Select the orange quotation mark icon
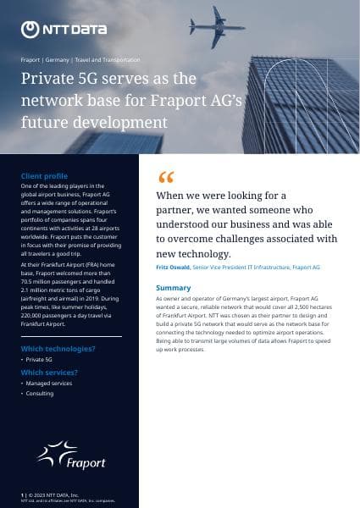pyautogui.click(x=165, y=178)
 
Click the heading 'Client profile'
pyautogui.click(x=43, y=176)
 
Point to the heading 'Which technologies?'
pyautogui.click(x=58, y=349)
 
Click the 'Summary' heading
pyautogui.click(x=173, y=288)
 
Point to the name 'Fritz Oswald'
pyautogui.click(x=173, y=268)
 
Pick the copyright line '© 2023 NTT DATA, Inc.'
pyautogui.click(x=54, y=494)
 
